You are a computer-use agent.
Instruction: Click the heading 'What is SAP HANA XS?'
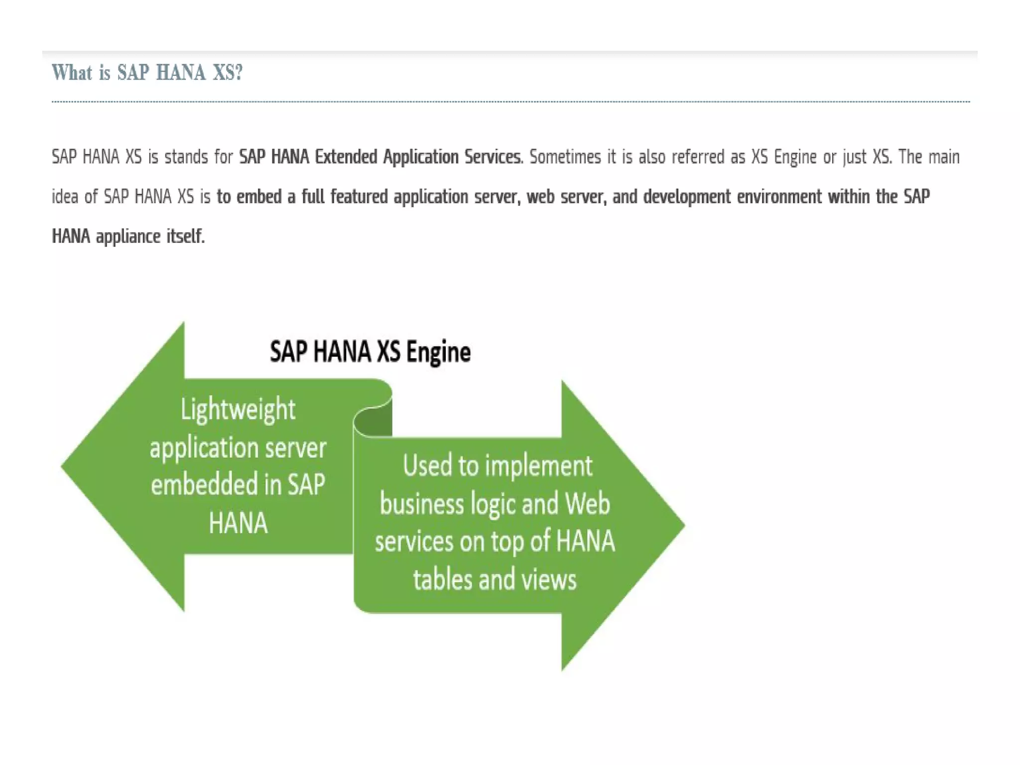tap(147, 73)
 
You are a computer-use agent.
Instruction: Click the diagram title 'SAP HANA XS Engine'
tap(370, 352)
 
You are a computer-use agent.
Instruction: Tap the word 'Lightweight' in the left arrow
tap(238, 410)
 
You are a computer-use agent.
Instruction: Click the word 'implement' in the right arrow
tap(538, 466)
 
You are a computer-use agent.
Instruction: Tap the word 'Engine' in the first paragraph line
tap(795, 157)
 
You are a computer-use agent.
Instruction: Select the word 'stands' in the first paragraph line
tap(186, 157)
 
